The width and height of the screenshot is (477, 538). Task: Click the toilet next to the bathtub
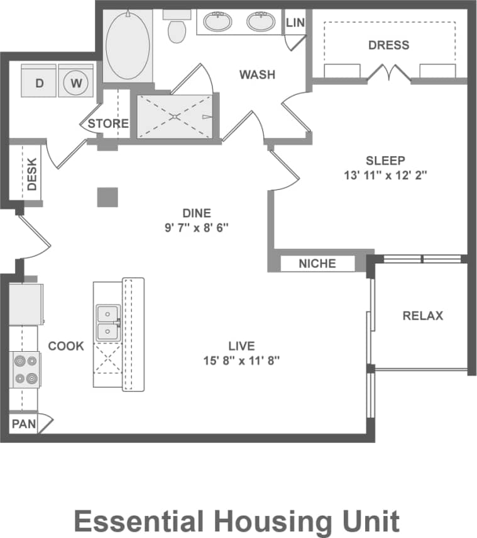[x=177, y=28]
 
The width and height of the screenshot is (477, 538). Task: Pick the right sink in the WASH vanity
[x=260, y=21]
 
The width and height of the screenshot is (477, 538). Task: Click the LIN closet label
[x=295, y=23]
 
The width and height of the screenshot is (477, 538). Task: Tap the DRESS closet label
[x=388, y=45]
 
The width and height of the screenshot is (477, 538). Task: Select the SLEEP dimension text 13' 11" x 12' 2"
[x=385, y=176]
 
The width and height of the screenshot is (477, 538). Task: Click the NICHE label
[x=317, y=263]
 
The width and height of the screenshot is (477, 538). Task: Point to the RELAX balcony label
[x=422, y=315]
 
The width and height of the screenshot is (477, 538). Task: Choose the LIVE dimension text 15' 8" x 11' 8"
[x=241, y=360]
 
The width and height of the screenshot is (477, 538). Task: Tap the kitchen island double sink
[x=108, y=323]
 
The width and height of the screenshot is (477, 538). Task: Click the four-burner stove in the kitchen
[x=26, y=370]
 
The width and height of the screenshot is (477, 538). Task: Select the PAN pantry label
[x=24, y=423]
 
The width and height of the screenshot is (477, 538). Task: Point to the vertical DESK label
[x=32, y=174]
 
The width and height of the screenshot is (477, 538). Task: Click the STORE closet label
[x=108, y=123]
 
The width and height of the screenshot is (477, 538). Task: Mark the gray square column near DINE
[x=107, y=197]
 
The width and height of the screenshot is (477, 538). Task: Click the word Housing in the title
[x=274, y=521]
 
